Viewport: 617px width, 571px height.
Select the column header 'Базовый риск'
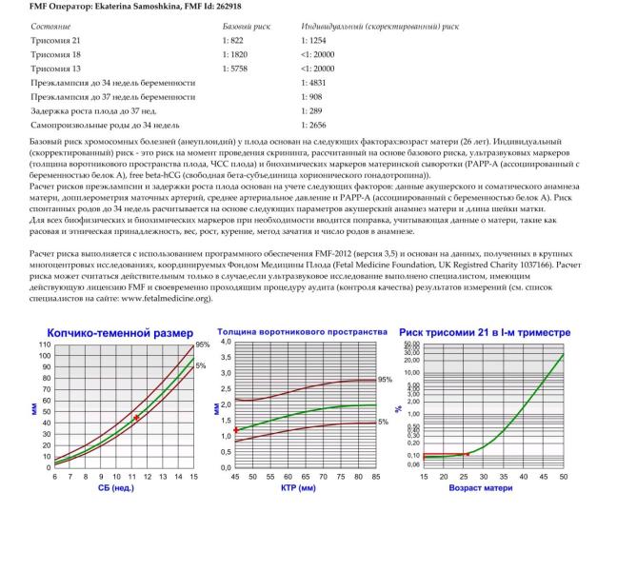(246, 27)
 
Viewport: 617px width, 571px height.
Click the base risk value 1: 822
(233, 41)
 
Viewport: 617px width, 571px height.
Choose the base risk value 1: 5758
(236, 69)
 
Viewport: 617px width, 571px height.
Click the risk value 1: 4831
(315, 83)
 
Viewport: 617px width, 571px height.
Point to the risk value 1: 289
(312, 110)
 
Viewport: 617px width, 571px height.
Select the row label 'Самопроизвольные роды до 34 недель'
(105, 125)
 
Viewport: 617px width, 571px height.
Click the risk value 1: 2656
(315, 125)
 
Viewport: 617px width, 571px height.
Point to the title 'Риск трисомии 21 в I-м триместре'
(485, 333)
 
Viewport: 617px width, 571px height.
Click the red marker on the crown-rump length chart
(137, 418)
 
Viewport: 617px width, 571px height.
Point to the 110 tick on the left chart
(45, 344)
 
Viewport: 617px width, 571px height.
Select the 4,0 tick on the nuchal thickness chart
(226, 342)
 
